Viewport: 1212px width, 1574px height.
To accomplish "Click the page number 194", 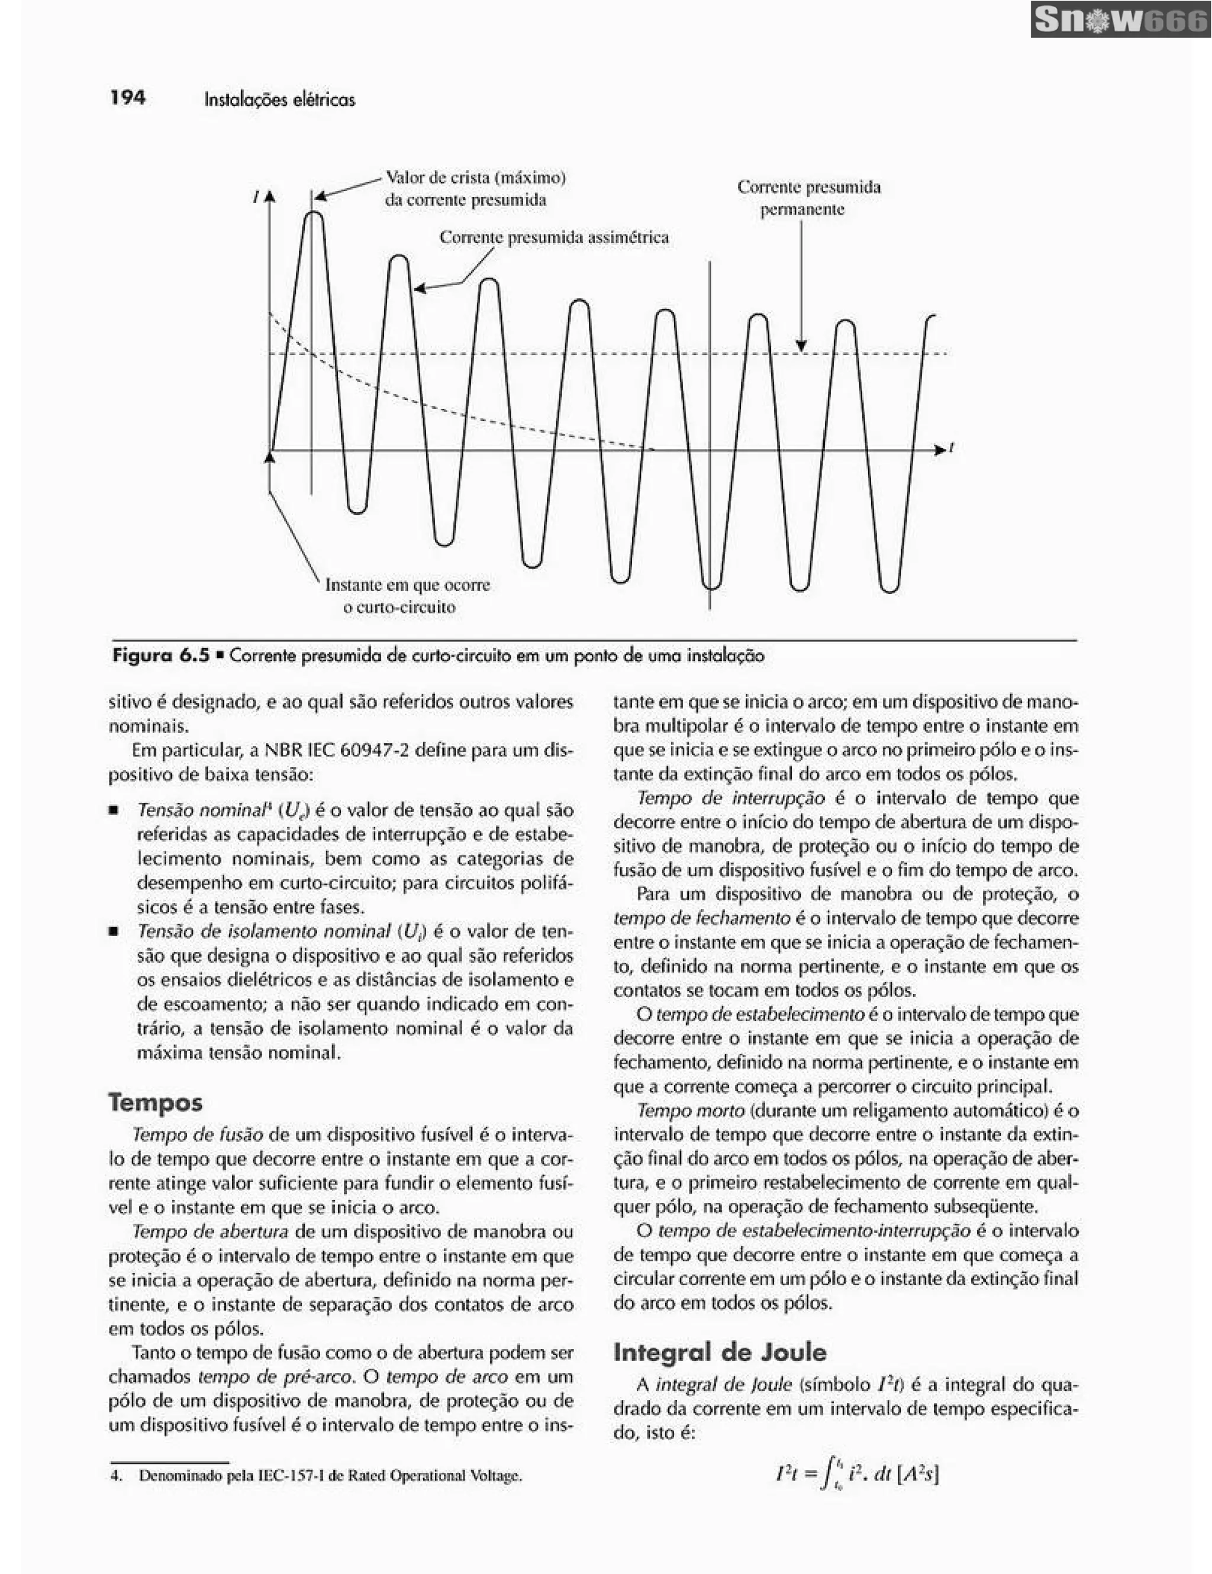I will coord(128,97).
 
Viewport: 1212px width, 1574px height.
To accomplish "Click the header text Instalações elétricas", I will coord(279,99).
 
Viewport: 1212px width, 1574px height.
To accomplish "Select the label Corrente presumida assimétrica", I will coord(553,237).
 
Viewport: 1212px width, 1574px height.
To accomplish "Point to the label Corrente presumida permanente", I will coord(808,198).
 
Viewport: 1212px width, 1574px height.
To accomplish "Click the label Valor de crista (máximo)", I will coord(476,178).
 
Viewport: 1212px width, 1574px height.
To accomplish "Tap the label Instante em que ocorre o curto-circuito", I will coord(407,595).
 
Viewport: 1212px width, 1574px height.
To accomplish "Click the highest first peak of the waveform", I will coord(314,214).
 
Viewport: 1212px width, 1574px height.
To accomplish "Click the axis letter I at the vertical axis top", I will coord(256,196).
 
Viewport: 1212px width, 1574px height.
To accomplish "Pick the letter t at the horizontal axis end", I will coord(951,447).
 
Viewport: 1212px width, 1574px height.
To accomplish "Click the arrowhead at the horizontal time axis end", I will coord(940,450).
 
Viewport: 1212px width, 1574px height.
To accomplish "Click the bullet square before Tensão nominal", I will coord(113,810).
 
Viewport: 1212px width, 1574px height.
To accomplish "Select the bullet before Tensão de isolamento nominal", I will coord(113,931).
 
